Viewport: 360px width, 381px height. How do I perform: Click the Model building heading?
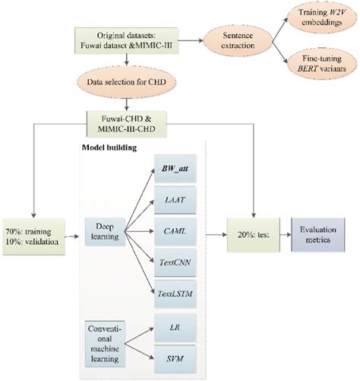[x=109, y=148]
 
